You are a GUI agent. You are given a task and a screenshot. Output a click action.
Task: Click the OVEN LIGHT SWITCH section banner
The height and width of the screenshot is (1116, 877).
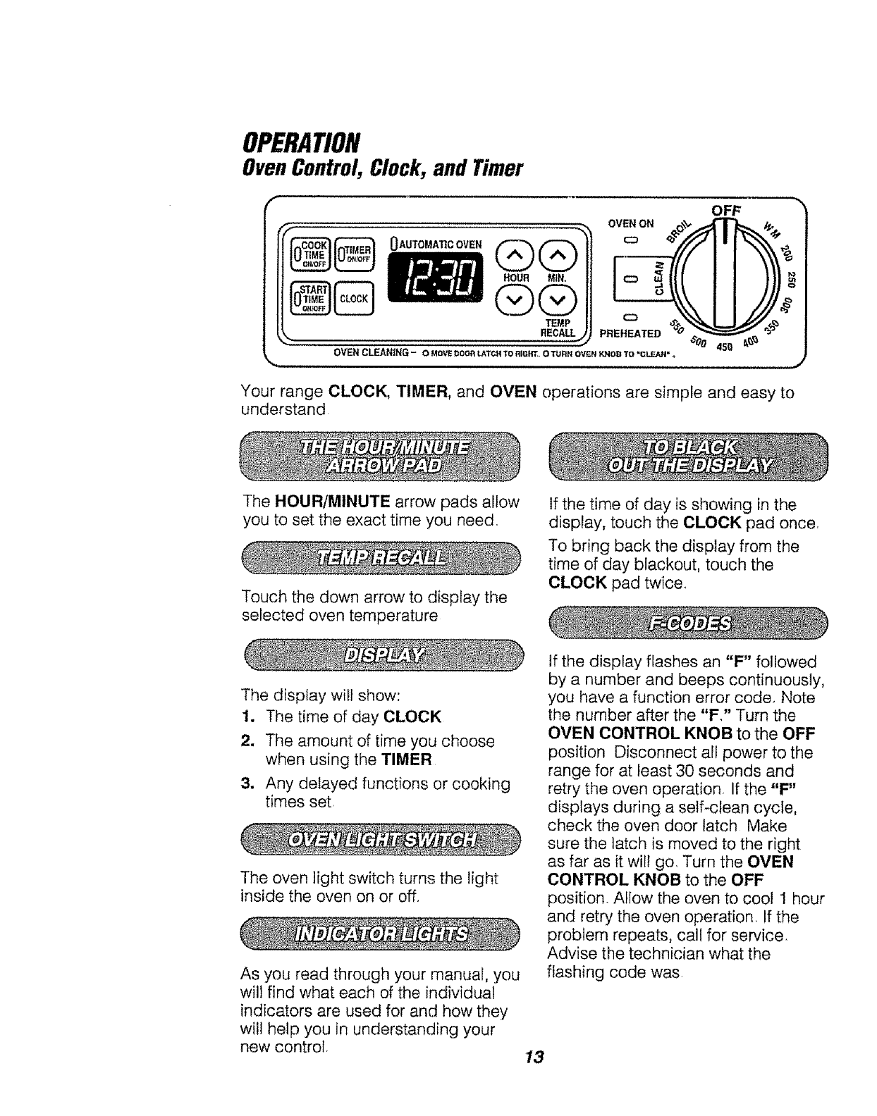tap(382, 839)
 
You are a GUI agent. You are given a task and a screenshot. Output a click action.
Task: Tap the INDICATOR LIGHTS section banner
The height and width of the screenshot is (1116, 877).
tap(382, 934)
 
